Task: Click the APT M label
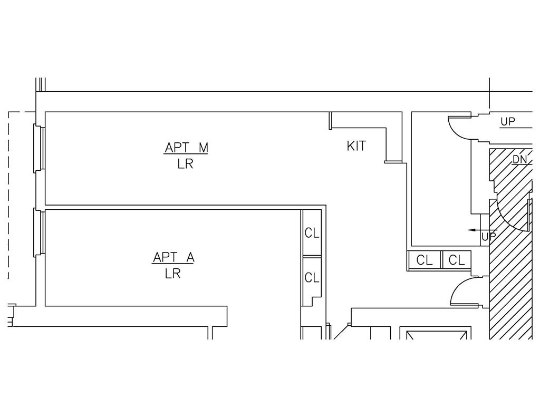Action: point(186,148)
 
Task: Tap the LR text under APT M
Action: point(185,164)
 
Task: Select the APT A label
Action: point(173,257)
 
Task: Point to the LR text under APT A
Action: point(173,274)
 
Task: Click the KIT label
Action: point(356,146)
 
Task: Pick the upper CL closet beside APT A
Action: point(312,233)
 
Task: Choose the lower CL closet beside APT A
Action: point(312,277)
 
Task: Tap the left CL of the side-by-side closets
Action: point(425,260)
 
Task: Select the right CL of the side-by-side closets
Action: point(457,260)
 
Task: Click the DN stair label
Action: point(519,160)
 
